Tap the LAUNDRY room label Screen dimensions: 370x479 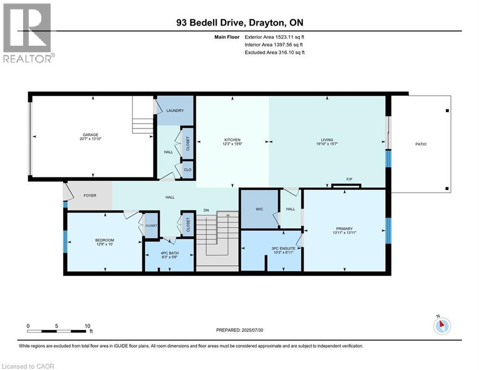click(175, 110)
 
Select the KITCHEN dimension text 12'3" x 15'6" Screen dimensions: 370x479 click(232, 144)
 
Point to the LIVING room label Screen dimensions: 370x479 click(327, 140)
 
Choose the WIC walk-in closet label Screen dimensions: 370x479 click(259, 210)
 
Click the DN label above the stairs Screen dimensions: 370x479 click(206, 210)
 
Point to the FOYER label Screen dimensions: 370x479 click(90, 196)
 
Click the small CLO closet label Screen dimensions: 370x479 click(188, 170)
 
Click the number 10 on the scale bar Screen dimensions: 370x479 click(87, 326)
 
